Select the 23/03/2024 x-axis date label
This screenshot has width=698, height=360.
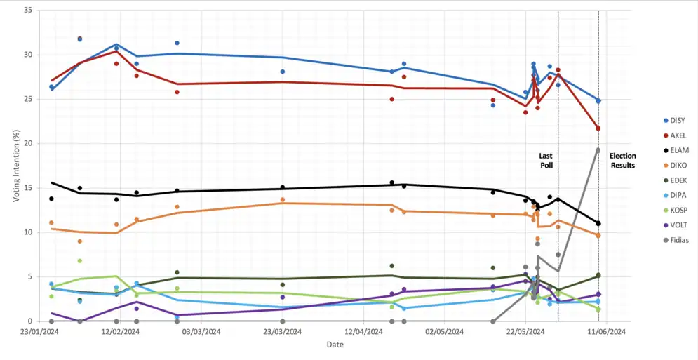(x=283, y=331)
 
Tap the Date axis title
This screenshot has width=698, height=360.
(x=335, y=345)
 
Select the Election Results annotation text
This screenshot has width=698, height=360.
(x=622, y=161)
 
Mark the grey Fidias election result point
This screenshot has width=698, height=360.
(x=598, y=150)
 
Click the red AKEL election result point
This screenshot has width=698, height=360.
(x=598, y=128)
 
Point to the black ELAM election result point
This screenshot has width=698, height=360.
(x=598, y=223)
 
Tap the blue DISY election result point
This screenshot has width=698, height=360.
(x=598, y=101)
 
